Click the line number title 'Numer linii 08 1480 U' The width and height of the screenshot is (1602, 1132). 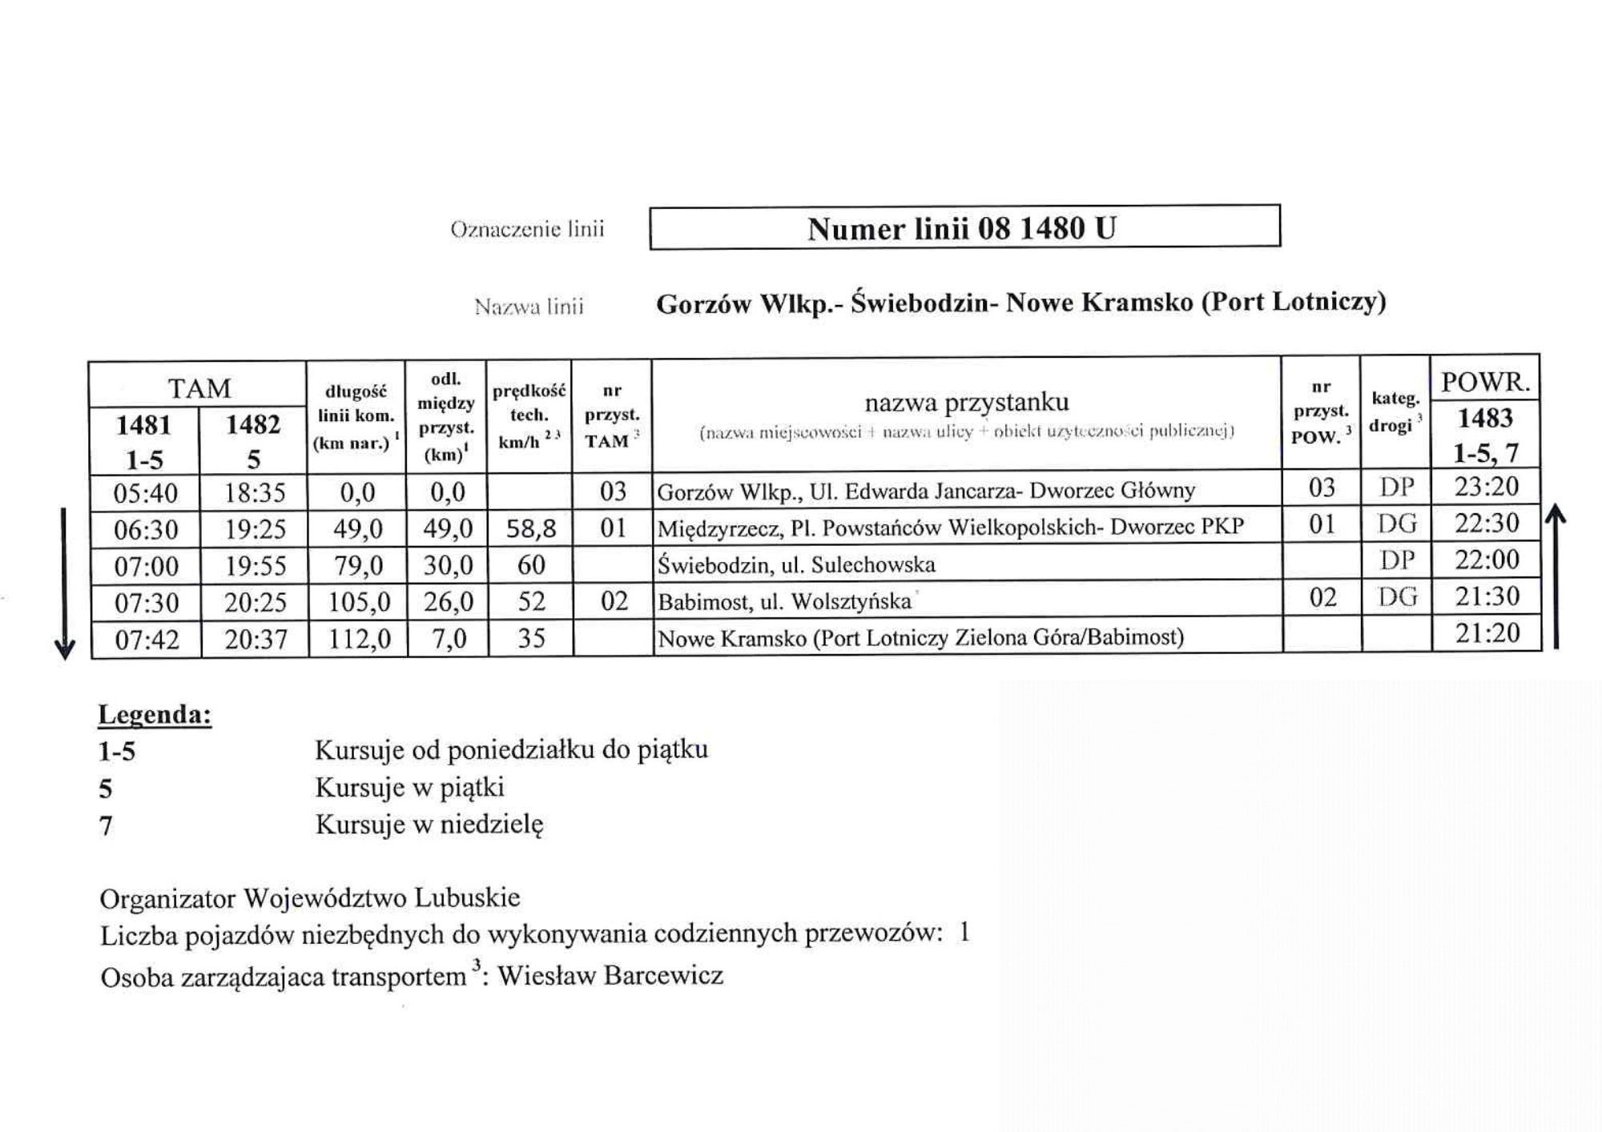click(961, 229)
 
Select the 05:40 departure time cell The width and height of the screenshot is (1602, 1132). click(145, 492)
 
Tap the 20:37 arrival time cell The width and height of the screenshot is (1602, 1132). click(255, 640)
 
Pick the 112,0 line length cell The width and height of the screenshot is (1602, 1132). click(357, 639)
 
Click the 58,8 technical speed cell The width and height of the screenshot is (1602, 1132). click(530, 528)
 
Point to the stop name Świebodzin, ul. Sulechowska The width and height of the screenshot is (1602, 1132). click(795, 564)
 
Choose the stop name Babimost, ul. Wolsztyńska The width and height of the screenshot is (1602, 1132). click(784, 601)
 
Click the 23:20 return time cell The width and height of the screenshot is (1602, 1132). click(1486, 487)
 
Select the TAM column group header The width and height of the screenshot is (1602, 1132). click(199, 388)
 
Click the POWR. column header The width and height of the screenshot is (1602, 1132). click(1485, 382)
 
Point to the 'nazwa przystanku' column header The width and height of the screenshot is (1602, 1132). click(966, 402)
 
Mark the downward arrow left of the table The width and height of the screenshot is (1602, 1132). click(65, 584)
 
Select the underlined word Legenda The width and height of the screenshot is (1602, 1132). click(155, 713)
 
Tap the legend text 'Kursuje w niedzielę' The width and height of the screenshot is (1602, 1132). click(429, 824)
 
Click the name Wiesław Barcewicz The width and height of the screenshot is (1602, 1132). click(610, 975)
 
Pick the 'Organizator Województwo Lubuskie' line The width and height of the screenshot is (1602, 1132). click(310, 897)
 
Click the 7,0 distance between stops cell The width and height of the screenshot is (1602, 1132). click(447, 639)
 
